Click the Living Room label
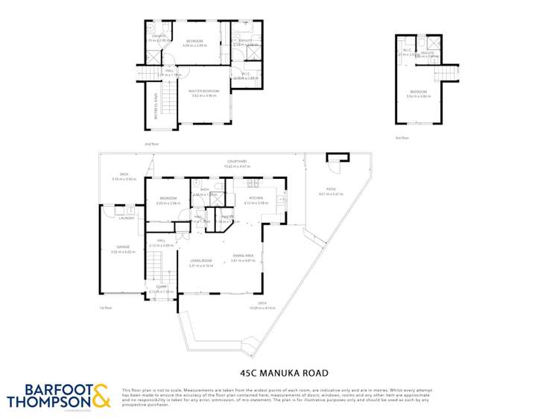[x=201, y=260]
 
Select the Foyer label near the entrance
[x=162, y=287]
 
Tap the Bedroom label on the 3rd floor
[x=418, y=92]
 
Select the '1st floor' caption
[x=105, y=307]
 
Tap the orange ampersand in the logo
[x=101, y=396]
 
